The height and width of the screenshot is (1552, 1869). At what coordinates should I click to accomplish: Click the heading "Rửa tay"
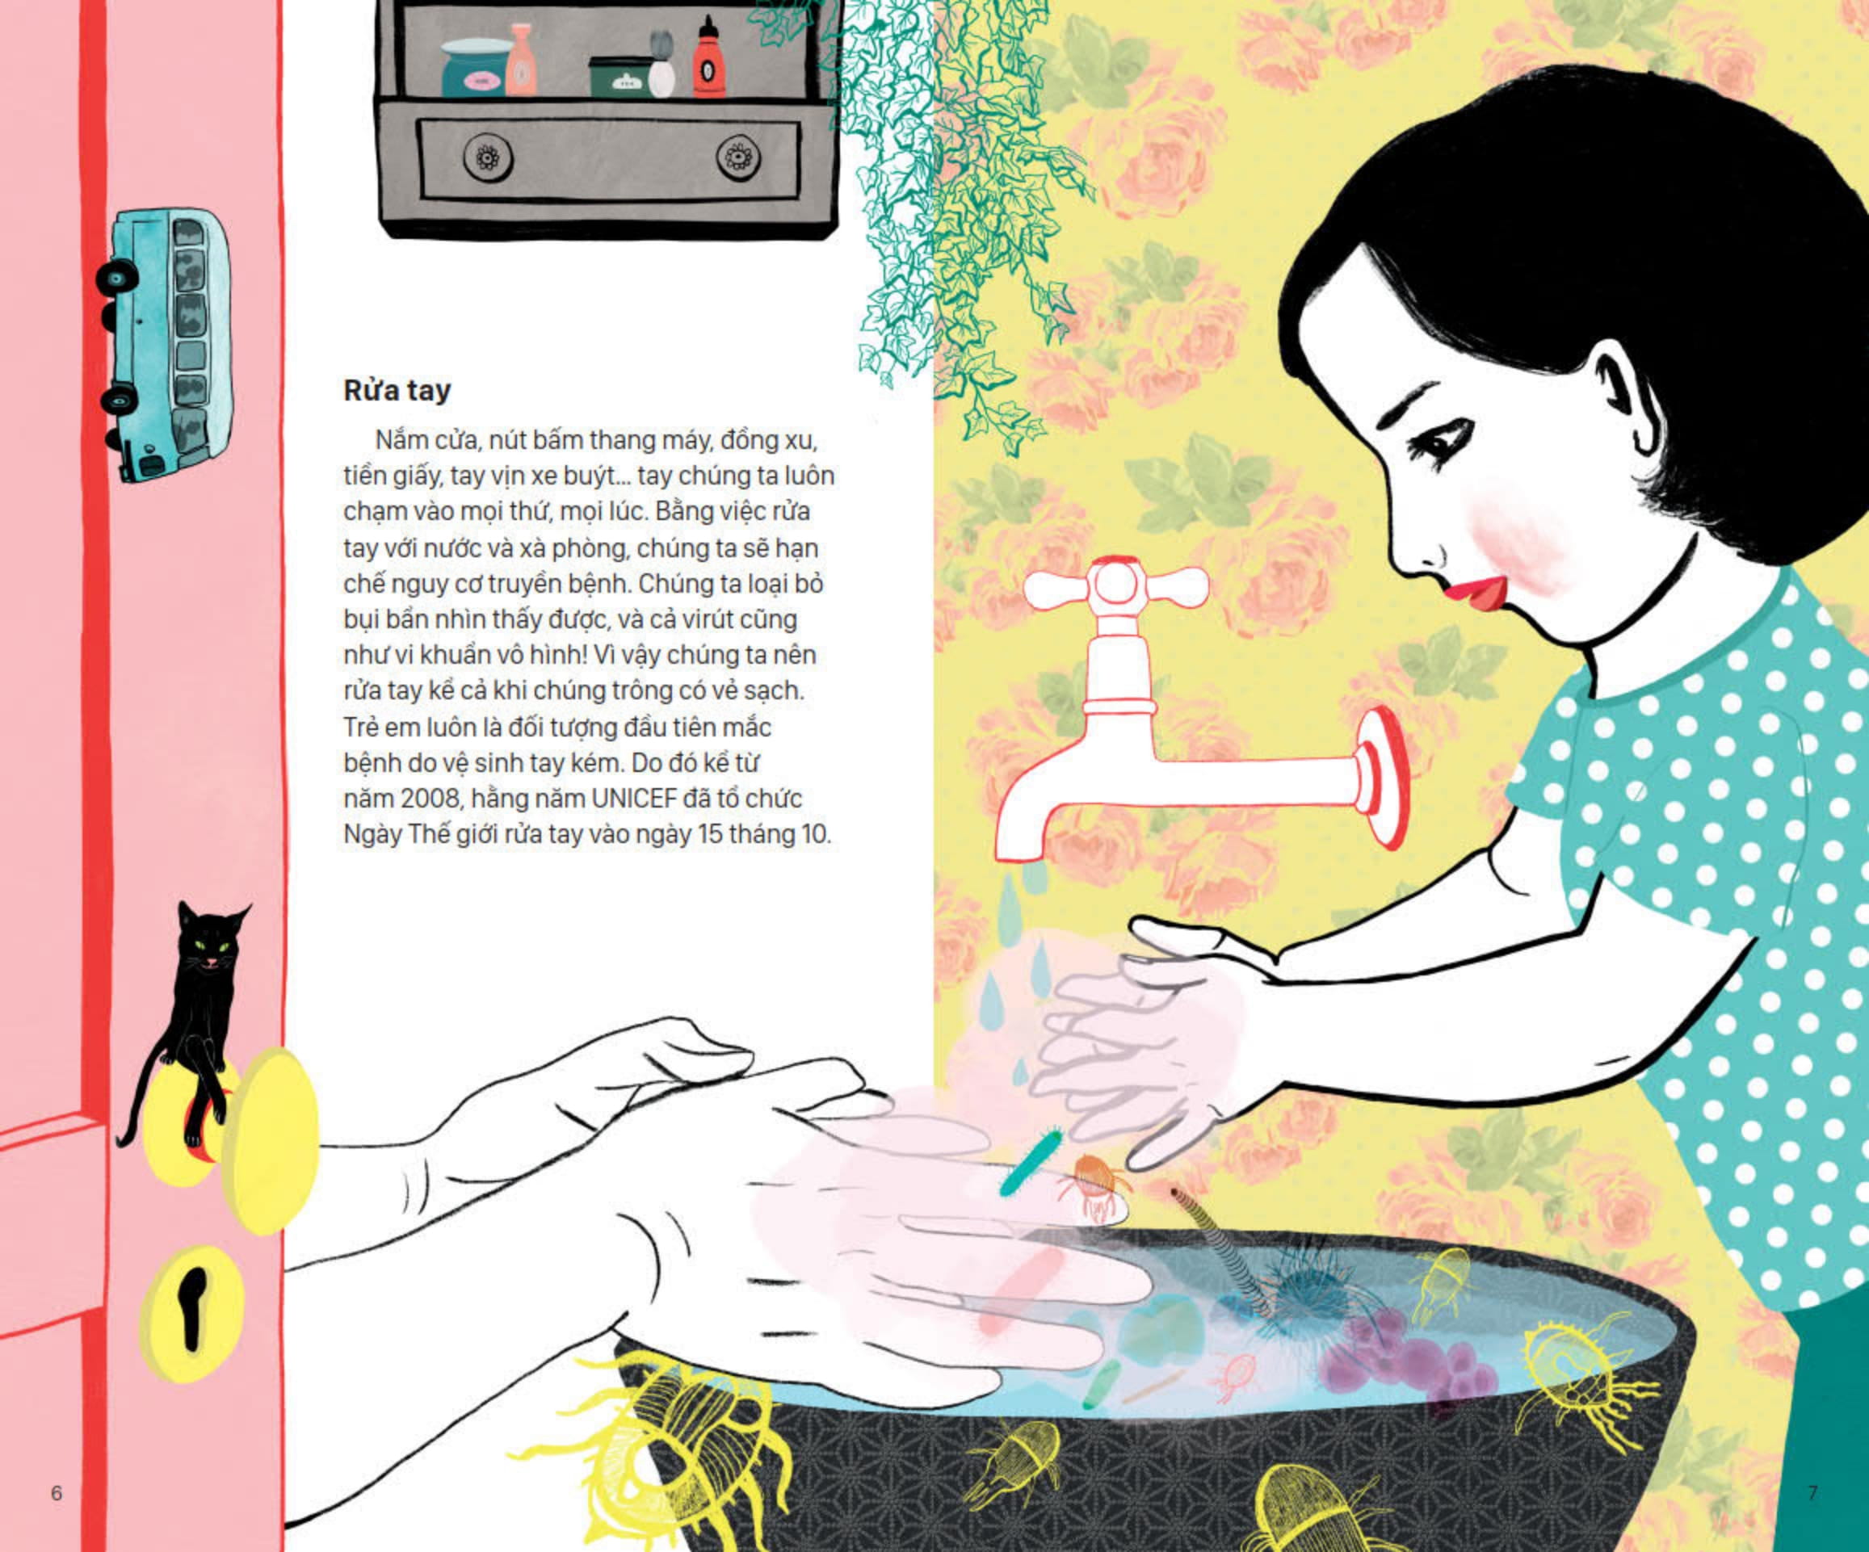[x=397, y=391]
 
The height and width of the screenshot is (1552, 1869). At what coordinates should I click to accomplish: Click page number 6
[x=56, y=1492]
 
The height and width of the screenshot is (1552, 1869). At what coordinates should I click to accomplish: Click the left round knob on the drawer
[x=488, y=158]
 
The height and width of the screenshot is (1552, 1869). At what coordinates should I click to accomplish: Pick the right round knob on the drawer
[x=739, y=158]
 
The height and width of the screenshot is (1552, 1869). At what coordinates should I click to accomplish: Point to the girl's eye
[x=1443, y=442]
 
